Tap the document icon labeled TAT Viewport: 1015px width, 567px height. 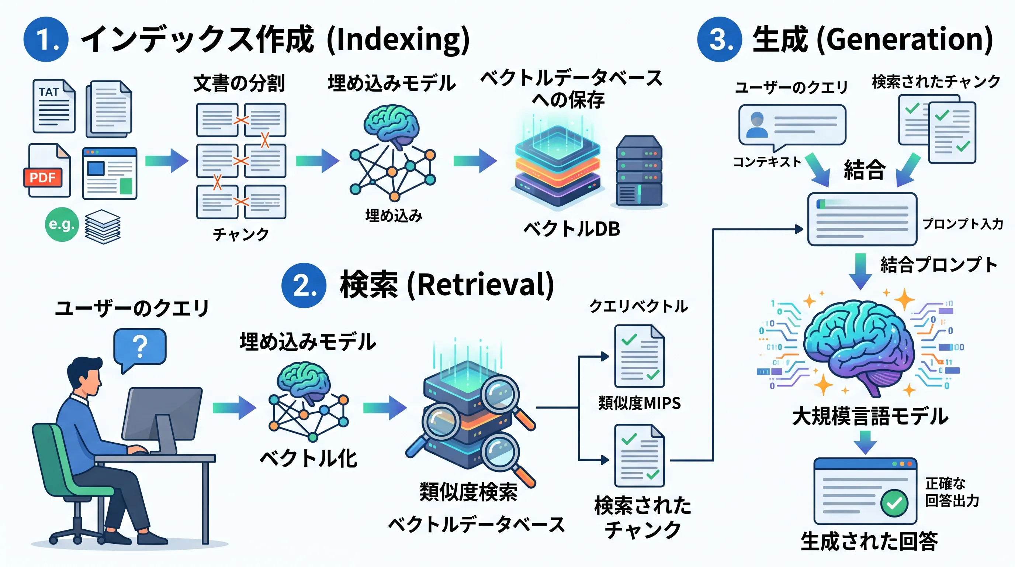(x=54, y=106)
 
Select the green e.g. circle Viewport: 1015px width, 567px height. (x=62, y=224)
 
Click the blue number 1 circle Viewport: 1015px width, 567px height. (x=46, y=39)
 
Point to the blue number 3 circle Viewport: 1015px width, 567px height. (x=720, y=39)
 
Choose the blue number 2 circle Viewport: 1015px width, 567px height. (x=304, y=285)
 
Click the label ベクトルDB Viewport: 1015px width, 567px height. (x=572, y=229)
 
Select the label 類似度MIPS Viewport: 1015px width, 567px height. (x=640, y=403)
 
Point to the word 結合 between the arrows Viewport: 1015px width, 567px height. (x=865, y=170)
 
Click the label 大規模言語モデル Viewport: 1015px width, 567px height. (x=870, y=417)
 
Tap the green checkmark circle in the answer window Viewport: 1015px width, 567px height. (x=894, y=503)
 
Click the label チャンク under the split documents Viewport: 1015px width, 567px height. (x=241, y=234)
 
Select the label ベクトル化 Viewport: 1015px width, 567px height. (x=308, y=458)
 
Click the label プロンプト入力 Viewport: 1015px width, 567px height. (x=963, y=224)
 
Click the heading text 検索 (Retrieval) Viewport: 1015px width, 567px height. (x=447, y=285)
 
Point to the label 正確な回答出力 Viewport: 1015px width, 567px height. (x=952, y=492)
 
